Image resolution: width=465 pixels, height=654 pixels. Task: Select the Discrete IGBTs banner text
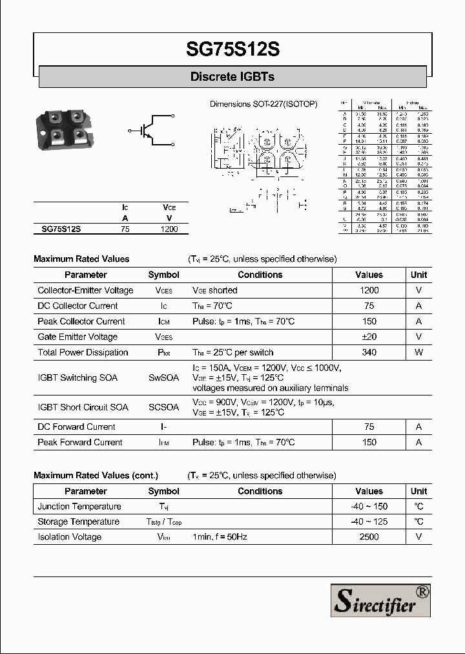click(232, 77)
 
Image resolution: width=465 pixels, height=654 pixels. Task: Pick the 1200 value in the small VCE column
click(169, 229)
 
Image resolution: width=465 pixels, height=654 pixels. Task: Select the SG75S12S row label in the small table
click(61, 229)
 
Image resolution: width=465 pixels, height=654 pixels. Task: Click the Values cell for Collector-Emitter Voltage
click(369, 291)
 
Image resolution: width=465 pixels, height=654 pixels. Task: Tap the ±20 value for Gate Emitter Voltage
click(369, 337)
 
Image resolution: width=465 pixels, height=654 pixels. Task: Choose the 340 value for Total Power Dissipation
click(369, 352)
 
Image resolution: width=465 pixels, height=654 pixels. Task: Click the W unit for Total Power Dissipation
click(418, 352)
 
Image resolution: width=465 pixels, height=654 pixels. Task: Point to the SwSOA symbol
click(163, 378)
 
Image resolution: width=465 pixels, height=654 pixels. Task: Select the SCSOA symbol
click(163, 407)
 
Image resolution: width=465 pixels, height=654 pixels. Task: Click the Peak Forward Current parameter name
click(80, 442)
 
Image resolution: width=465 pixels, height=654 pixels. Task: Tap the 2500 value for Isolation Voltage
click(369, 537)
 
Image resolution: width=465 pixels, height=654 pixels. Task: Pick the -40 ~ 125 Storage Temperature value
click(369, 522)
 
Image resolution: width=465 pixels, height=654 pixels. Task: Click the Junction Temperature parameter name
click(79, 507)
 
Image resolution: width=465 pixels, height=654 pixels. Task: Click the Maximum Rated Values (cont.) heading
click(96, 475)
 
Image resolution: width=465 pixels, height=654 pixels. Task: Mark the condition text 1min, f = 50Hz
click(221, 537)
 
